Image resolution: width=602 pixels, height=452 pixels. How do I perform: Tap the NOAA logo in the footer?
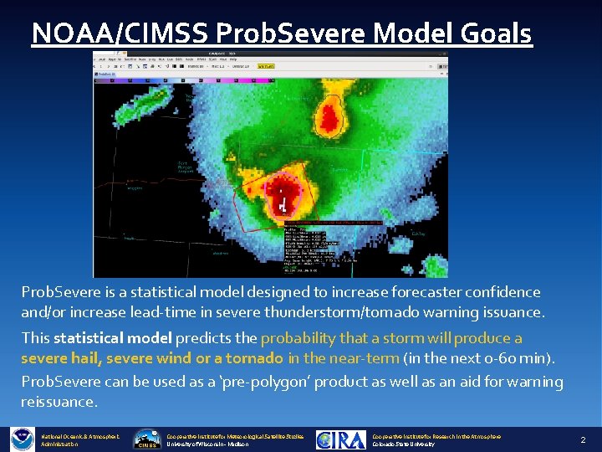(x=22, y=439)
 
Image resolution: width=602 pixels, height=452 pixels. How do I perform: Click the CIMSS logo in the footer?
(x=147, y=439)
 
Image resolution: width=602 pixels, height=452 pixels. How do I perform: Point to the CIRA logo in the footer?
(x=341, y=439)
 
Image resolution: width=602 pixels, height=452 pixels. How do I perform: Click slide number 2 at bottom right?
(x=584, y=439)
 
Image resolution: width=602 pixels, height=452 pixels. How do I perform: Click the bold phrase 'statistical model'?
(x=112, y=338)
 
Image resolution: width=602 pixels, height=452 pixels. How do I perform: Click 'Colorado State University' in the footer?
(x=404, y=444)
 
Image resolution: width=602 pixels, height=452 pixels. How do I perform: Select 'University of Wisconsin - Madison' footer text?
(x=210, y=444)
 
